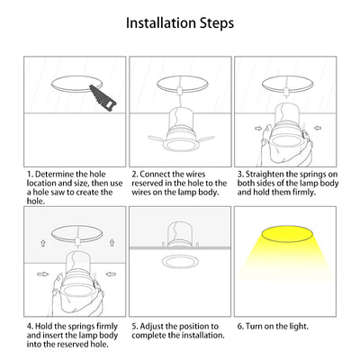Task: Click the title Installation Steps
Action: [180, 23]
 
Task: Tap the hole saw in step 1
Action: [103, 98]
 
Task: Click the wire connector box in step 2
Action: [180, 90]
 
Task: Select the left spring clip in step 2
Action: [157, 139]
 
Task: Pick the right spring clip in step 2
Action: [204, 139]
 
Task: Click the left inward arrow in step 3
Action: [258, 128]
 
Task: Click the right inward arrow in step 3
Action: [318, 128]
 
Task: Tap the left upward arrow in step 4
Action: [43, 243]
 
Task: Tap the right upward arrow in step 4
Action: [112, 242]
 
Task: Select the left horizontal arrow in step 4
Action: [42, 274]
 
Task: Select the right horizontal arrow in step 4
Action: [112, 274]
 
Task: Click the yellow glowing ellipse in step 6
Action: [286, 234]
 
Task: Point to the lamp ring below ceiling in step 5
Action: [180, 266]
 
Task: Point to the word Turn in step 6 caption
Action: [254, 326]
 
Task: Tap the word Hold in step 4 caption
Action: [43, 326]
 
